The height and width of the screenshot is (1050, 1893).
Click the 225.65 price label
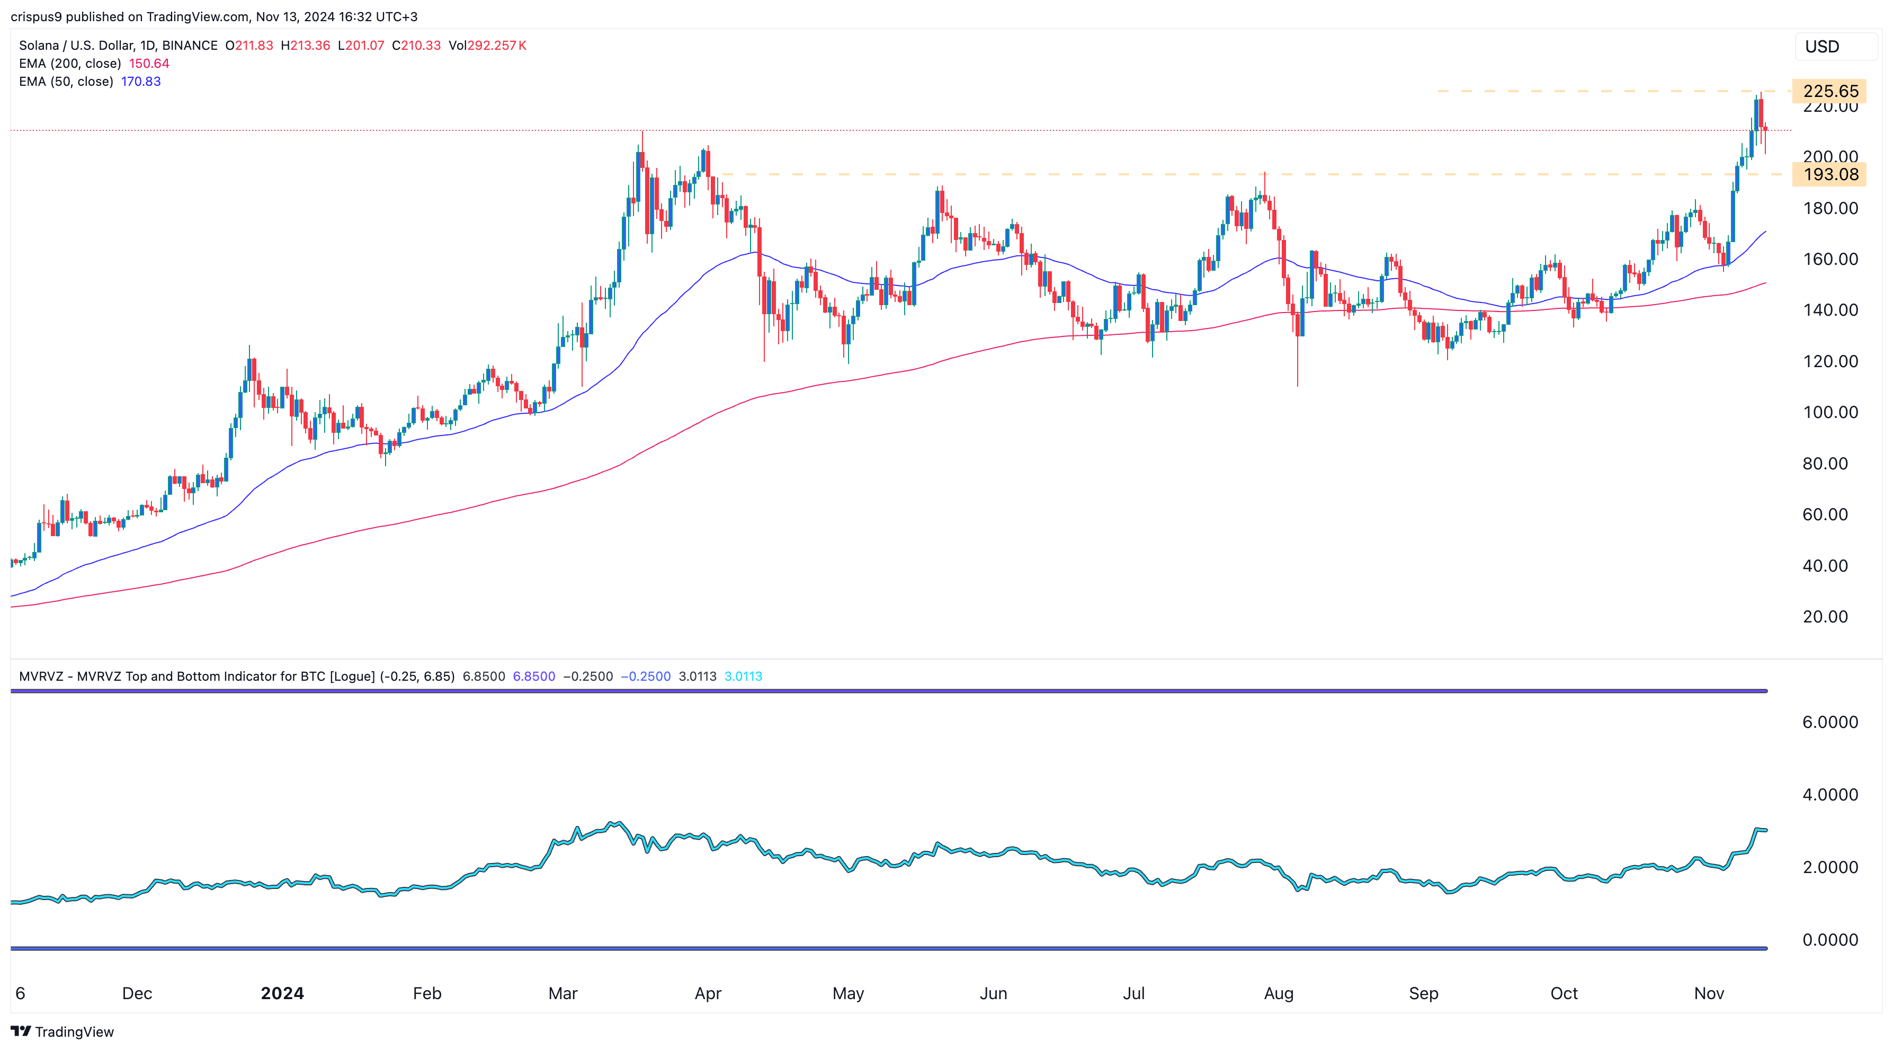point(1830,91)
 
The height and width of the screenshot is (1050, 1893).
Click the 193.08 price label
point(1830,174)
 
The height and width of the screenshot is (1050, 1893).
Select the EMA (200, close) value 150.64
point(149,63)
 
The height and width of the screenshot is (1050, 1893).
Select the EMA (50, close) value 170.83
point(141,82)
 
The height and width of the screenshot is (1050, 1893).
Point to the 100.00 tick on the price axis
point(1830,412)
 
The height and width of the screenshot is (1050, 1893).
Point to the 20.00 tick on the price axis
point(1825,617)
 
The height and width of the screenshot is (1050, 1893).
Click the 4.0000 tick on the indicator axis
point(1830,794)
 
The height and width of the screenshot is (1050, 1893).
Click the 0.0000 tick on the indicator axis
point(1830,940)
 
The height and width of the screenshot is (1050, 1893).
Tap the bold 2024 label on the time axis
point(282,993)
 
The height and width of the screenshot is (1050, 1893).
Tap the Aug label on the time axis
point(1279,993)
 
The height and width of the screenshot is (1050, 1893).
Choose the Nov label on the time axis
point(1709,993)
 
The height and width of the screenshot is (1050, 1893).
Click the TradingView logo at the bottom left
point(62,1031)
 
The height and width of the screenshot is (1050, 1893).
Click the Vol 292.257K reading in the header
point(487,46)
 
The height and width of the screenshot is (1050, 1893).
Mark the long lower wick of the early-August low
point(1298,364)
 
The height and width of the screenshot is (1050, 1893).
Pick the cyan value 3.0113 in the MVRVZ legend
point(743,676)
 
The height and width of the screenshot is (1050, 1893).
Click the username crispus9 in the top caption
point(36,16)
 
